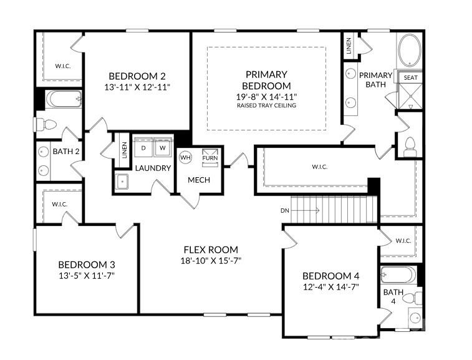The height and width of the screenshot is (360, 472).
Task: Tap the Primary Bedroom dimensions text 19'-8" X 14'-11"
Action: click(266, 96)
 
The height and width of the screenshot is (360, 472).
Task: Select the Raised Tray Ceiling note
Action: click(266, 105)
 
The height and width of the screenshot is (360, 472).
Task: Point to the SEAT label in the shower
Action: click(410, 77)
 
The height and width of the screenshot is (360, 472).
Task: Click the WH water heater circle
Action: click(185, 157)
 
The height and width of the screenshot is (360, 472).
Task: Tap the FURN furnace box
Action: click(210, 158)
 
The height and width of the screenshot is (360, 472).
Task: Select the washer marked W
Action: click(162, 148)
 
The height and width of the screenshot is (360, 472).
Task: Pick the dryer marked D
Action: click(143, 148)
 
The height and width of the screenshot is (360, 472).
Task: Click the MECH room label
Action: click(200, 180)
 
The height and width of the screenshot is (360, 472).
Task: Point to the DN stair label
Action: click(285, 210)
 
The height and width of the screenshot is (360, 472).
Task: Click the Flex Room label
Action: click(210, 250)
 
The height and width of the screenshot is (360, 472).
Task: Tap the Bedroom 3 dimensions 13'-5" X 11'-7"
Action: click(87, 275)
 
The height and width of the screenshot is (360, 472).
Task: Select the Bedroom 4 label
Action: click(330, 276)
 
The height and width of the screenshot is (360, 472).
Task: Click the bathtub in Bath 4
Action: click(398, 275)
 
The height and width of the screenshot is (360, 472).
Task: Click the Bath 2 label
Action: click(65, 151)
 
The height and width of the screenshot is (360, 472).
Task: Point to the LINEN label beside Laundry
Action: click(123, 150)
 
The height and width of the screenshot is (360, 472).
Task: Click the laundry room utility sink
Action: click(123, 181)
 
